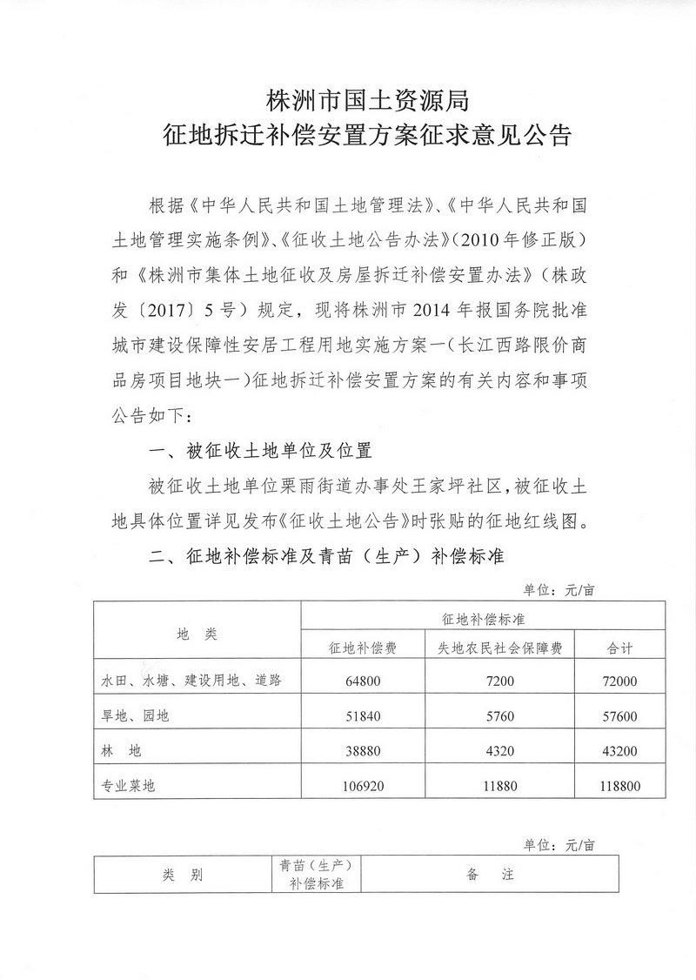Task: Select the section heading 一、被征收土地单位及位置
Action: [x=261, y=452]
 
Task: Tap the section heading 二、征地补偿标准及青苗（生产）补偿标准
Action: [x=326, y=556]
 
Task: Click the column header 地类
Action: [x=196, y=634]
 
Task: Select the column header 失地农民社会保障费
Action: [x=499, y=648]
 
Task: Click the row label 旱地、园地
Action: [x=137, y=715]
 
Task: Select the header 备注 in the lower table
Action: [x=491, y=875]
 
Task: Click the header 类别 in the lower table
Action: [x=182, y=875]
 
